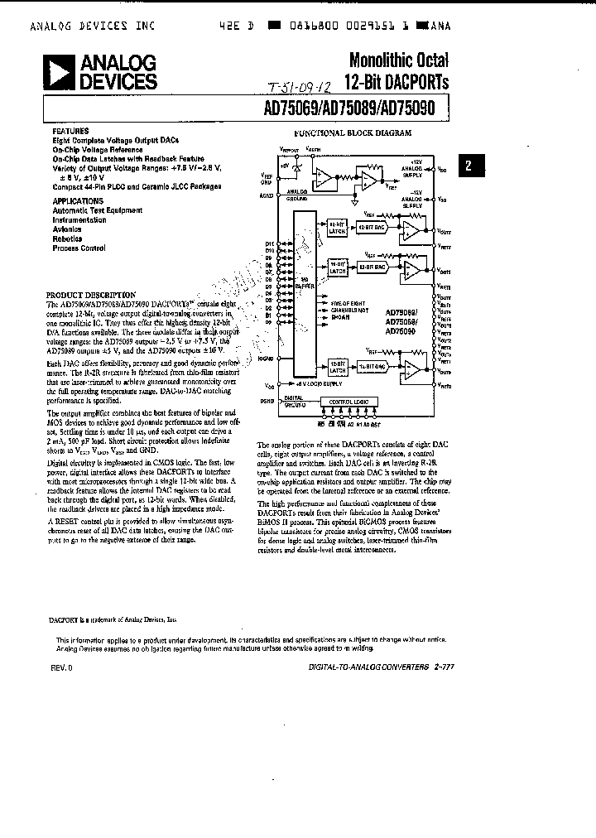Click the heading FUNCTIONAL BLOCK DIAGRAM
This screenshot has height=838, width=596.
(353, 132)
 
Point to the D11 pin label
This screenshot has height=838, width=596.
(269, 243)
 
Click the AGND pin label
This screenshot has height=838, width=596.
(267, 196)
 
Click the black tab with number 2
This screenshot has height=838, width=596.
(469, 165)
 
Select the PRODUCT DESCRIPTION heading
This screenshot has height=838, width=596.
(90, 295)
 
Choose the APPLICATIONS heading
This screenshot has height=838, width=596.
(78, 200)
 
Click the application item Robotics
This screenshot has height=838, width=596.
(68, 238)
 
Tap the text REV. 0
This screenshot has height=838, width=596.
(62, 667)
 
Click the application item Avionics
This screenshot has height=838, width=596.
(67, 229)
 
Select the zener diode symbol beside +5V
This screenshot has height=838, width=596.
(296, 167)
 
